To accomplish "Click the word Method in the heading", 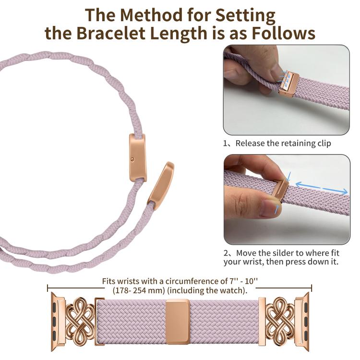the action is coord(152,15).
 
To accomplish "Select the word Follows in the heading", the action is coord(284,33).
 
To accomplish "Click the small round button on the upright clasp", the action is coord(132,159).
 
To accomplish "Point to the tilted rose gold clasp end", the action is coord(161,186).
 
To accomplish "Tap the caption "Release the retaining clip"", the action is coord(283,143).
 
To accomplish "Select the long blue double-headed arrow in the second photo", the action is coord(322,188).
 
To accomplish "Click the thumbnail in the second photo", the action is coord(270,208).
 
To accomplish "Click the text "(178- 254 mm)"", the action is coord(139,290).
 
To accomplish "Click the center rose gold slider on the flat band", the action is coord(178,322).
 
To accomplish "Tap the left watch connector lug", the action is coord(58,322).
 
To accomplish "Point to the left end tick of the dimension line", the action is coord(48,288).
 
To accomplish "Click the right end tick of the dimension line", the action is coord(312,288).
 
